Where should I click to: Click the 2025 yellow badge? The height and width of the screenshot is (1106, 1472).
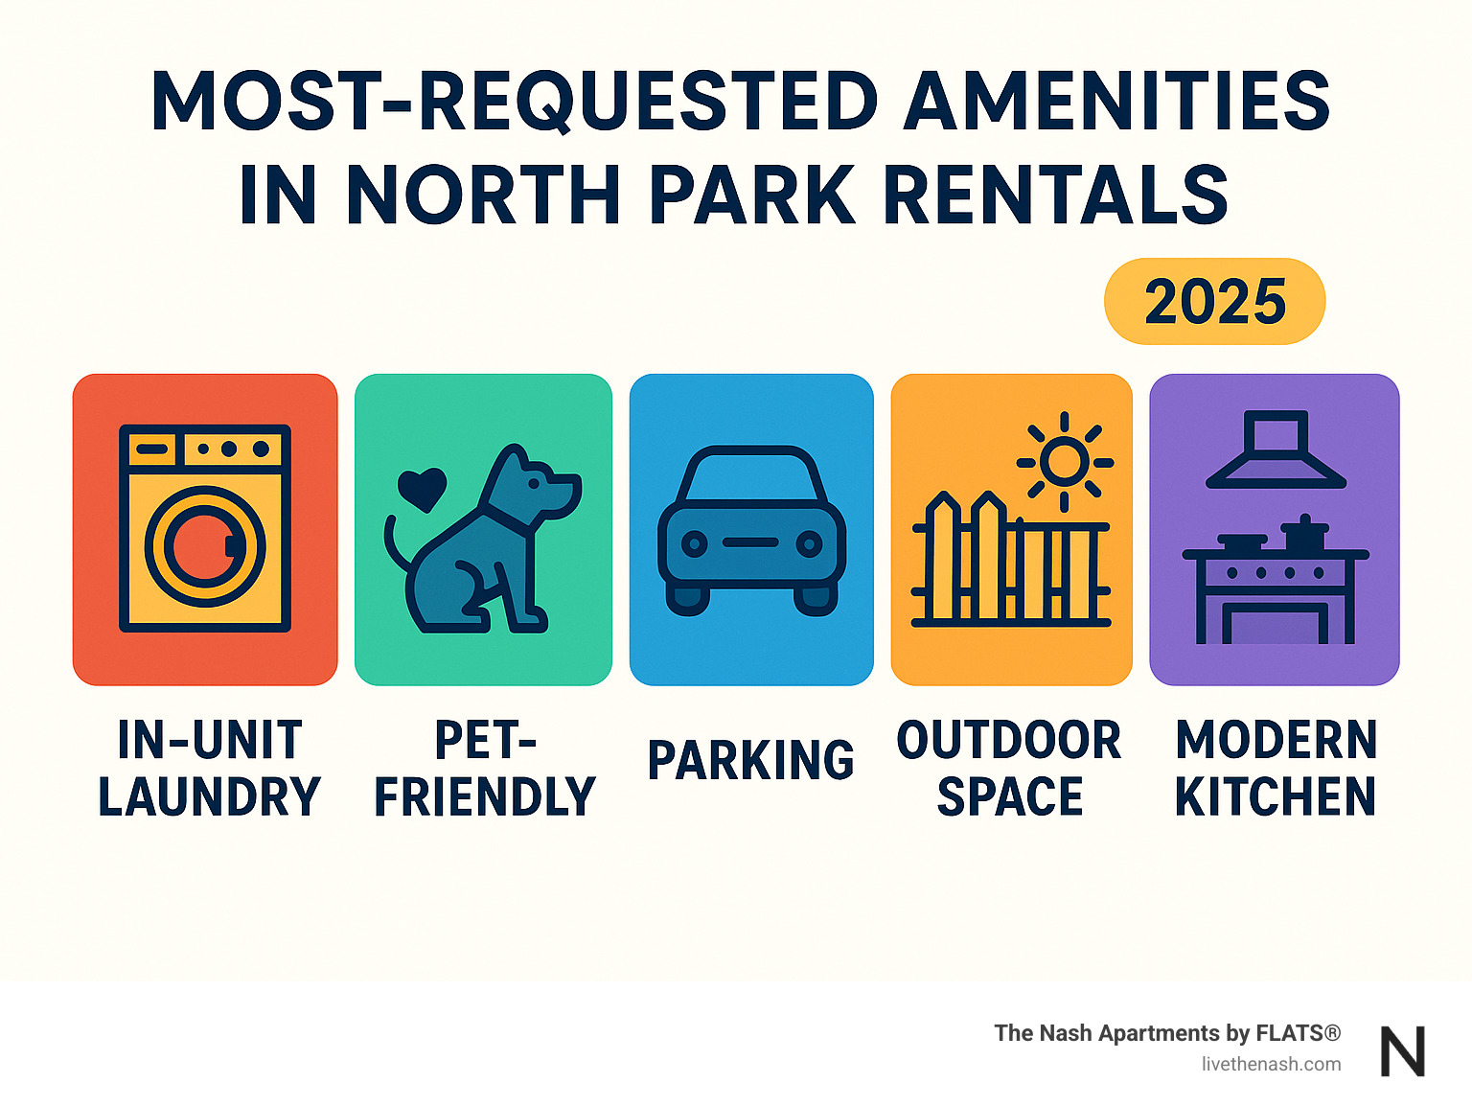[x=1214, y=301]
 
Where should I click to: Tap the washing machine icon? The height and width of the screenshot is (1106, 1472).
[x=204, y=528]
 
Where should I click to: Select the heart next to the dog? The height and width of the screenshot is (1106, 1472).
[x=422, y=488]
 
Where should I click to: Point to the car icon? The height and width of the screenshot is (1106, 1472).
[x=751, y=530]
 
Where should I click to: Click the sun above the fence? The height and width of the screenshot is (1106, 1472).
[x=1064, y=462]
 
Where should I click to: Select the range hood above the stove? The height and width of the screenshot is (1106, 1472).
[x=1276, y=450]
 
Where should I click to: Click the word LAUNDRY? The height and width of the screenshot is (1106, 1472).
[x=209, y=797]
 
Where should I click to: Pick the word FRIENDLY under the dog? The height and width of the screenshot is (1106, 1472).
[x=485, y=797]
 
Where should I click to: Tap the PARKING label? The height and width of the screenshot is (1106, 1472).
[x=750, y=761]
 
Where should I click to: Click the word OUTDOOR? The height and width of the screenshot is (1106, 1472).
[x=1009, y=740]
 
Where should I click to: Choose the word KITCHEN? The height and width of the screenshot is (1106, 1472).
[x=1276, y=797]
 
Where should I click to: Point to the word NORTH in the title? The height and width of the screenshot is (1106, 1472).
[x=484, y=196]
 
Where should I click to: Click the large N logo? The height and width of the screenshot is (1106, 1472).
[x=1403, y=1051]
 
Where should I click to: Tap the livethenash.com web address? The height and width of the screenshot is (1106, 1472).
[x=1271, y=1064]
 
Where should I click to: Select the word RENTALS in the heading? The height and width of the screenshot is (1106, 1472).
[x=1055, y=196]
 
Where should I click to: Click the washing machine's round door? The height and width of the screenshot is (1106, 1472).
[x=204, y=546]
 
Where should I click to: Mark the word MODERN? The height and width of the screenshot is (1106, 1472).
[x=1276, y=740]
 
